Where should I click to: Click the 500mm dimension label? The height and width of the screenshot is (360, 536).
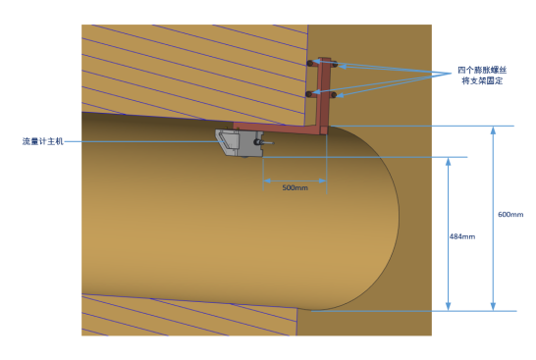click(295, 188)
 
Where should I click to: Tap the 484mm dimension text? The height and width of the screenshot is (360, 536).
click(462, 236)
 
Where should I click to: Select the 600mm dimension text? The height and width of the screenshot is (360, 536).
click(510, 215)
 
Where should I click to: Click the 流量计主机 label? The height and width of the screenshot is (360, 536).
click(43, 141)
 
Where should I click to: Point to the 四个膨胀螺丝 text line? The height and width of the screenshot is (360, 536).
click(482, 70)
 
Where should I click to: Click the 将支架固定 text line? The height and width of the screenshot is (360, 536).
click(482, 81)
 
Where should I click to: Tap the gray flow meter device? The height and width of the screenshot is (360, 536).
click(240, 143)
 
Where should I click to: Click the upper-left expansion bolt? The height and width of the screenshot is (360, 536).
click(310, 63)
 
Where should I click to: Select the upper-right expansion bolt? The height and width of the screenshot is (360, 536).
click(335, 64)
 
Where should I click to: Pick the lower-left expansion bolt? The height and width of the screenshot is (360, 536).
click(309, 94)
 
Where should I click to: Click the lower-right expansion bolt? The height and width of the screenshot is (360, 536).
click(334, 95)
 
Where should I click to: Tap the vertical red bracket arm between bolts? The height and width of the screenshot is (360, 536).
click(324, 92)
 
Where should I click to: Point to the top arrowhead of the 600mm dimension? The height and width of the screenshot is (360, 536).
click(493, 130)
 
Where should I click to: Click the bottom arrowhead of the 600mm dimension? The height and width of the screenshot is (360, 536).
click(493, 307)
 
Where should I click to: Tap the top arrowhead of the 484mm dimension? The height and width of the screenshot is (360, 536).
click(449, 162)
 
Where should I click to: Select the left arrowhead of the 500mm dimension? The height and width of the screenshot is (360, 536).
click(267, 180)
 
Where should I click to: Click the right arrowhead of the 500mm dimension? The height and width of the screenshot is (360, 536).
click(322, 180)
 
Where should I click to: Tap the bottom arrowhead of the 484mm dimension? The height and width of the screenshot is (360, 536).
click(449, 307)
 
